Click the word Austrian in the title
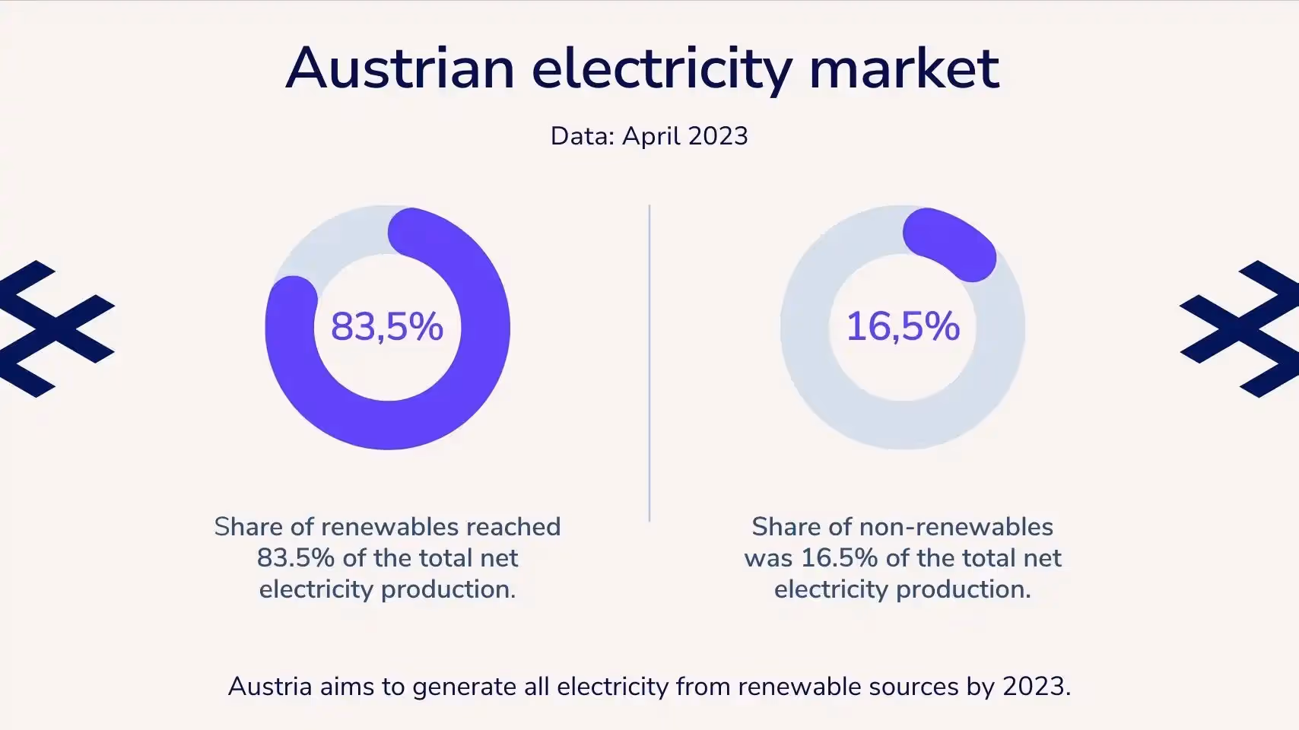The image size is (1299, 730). pyautogui.click(x=400, y=68)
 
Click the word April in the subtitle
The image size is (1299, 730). pyautogui.click(x=651, y=137)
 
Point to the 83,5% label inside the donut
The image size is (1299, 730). pyautogui.click(x=387, y=326)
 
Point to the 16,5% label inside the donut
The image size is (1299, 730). pyautogui.click(x=903, y=326)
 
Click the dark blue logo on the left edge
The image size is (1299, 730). pyautogui.click(x=53, y=328)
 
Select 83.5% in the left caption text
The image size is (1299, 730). pyautogui.click(x=295, y=558)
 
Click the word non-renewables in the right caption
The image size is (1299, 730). pyautogui.click(x=956, y=527)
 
